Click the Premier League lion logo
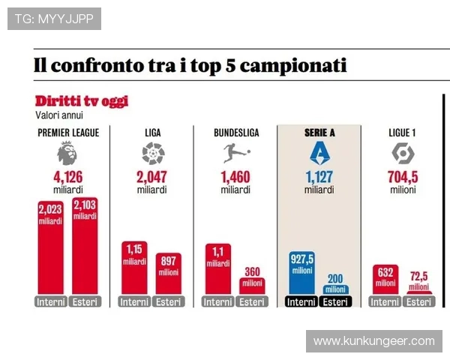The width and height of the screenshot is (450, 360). (67, 154)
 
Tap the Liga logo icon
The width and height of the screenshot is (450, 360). (152, 154)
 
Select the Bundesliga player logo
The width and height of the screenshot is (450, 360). (235, 154)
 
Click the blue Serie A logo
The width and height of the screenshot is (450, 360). (319, 154)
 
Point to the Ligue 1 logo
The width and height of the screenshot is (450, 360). (403, 154)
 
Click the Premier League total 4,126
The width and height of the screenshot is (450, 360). (67, 177)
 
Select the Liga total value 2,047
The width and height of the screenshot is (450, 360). (152, 177)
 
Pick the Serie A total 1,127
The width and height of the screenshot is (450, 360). (319, 177)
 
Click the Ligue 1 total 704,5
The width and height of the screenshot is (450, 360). (403, 177)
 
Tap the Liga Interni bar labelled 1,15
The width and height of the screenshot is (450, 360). (134, 268)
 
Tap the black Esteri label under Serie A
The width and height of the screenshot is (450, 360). (335, 302)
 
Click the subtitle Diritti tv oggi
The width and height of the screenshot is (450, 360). (81, 100)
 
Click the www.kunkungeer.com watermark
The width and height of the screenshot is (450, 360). (373, 341)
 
